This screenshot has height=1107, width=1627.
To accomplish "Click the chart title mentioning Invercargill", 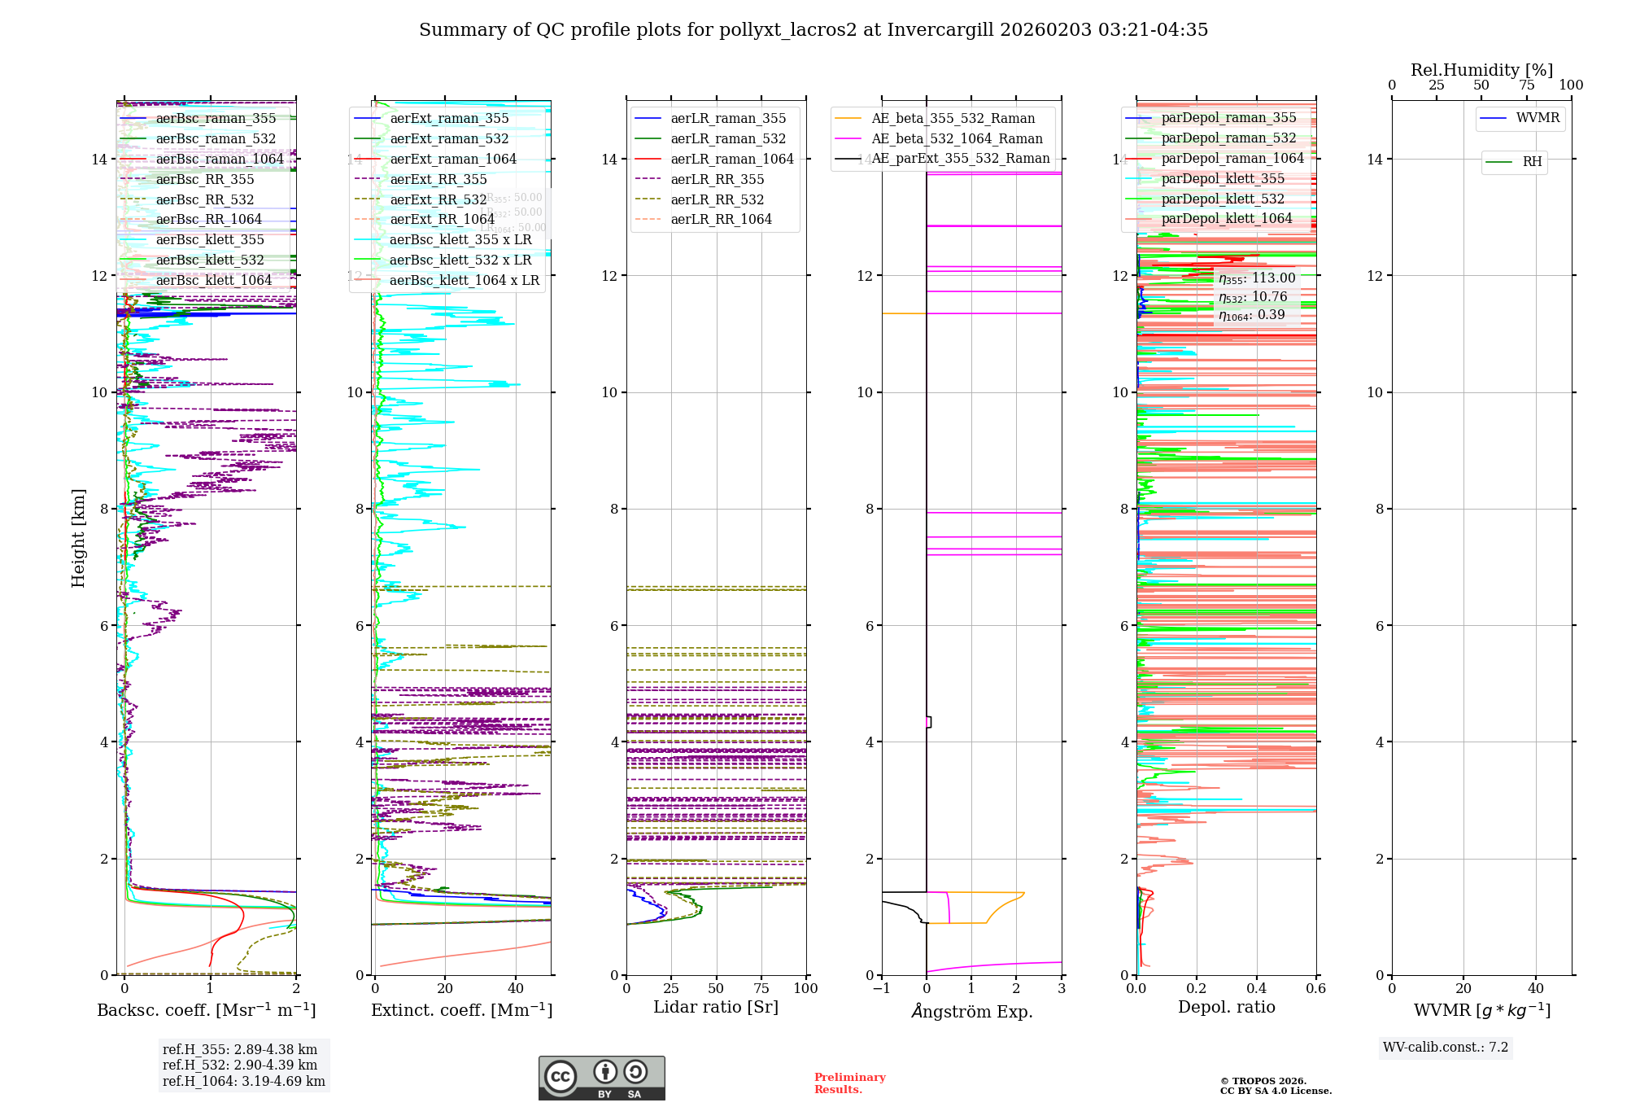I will (x=813, y=30).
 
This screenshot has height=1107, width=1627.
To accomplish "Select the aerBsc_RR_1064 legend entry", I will (x=208, y=220).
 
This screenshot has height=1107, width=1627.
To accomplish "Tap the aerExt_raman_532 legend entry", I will (x=449, y=139).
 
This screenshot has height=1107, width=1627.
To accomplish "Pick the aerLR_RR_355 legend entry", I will (x=717, y=180).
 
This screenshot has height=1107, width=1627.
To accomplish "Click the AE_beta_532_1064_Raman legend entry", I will (x=957, y=139).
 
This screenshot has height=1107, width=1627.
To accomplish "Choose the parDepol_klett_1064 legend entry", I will (x=1226, y=219).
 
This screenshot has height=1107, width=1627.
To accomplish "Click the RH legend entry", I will (x=1532, y=162).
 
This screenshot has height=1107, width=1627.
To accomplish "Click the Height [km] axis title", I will (x=78, y=538).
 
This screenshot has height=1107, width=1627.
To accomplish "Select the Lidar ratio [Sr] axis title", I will (x=716, y=1008).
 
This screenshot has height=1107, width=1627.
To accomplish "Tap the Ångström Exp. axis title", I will (x=972, y=1012).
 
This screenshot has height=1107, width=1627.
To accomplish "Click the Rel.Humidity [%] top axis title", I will (x=1481, y=70).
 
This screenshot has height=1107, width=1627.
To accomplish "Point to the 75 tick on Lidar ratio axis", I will (x=761, y=989).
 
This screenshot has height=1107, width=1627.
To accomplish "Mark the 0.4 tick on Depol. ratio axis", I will (x=1256, y=989).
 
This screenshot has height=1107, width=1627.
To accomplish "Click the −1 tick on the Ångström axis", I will (x=881, y=989).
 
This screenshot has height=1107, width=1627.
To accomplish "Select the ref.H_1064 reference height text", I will (x=243, y=1082).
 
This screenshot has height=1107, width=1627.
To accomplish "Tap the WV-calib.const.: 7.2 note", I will (x=1446, y=1048).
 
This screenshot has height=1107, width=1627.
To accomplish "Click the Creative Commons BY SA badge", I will (x=601, y=1079).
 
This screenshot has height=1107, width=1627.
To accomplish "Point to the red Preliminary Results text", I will (x=849, y=1083).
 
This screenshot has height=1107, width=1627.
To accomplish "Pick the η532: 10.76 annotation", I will (x=1253, y=297).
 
